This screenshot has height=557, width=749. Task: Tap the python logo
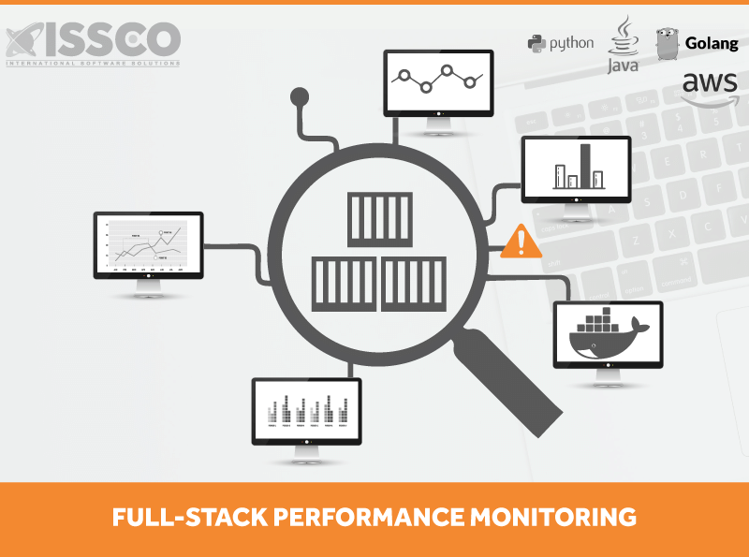(560, 42)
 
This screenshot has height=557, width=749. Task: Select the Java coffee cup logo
(623, 43)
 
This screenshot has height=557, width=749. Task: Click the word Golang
(712, 43)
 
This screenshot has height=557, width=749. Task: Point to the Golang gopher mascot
(667, 42)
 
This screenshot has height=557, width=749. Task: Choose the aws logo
(710, 89)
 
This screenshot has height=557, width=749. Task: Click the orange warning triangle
(521, 242)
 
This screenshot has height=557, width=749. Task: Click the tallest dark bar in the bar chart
(586, 166)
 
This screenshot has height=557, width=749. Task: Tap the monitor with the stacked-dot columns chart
(306, 411)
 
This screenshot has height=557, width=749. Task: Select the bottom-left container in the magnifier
(344, 285)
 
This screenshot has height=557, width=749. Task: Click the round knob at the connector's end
(300, 95)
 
